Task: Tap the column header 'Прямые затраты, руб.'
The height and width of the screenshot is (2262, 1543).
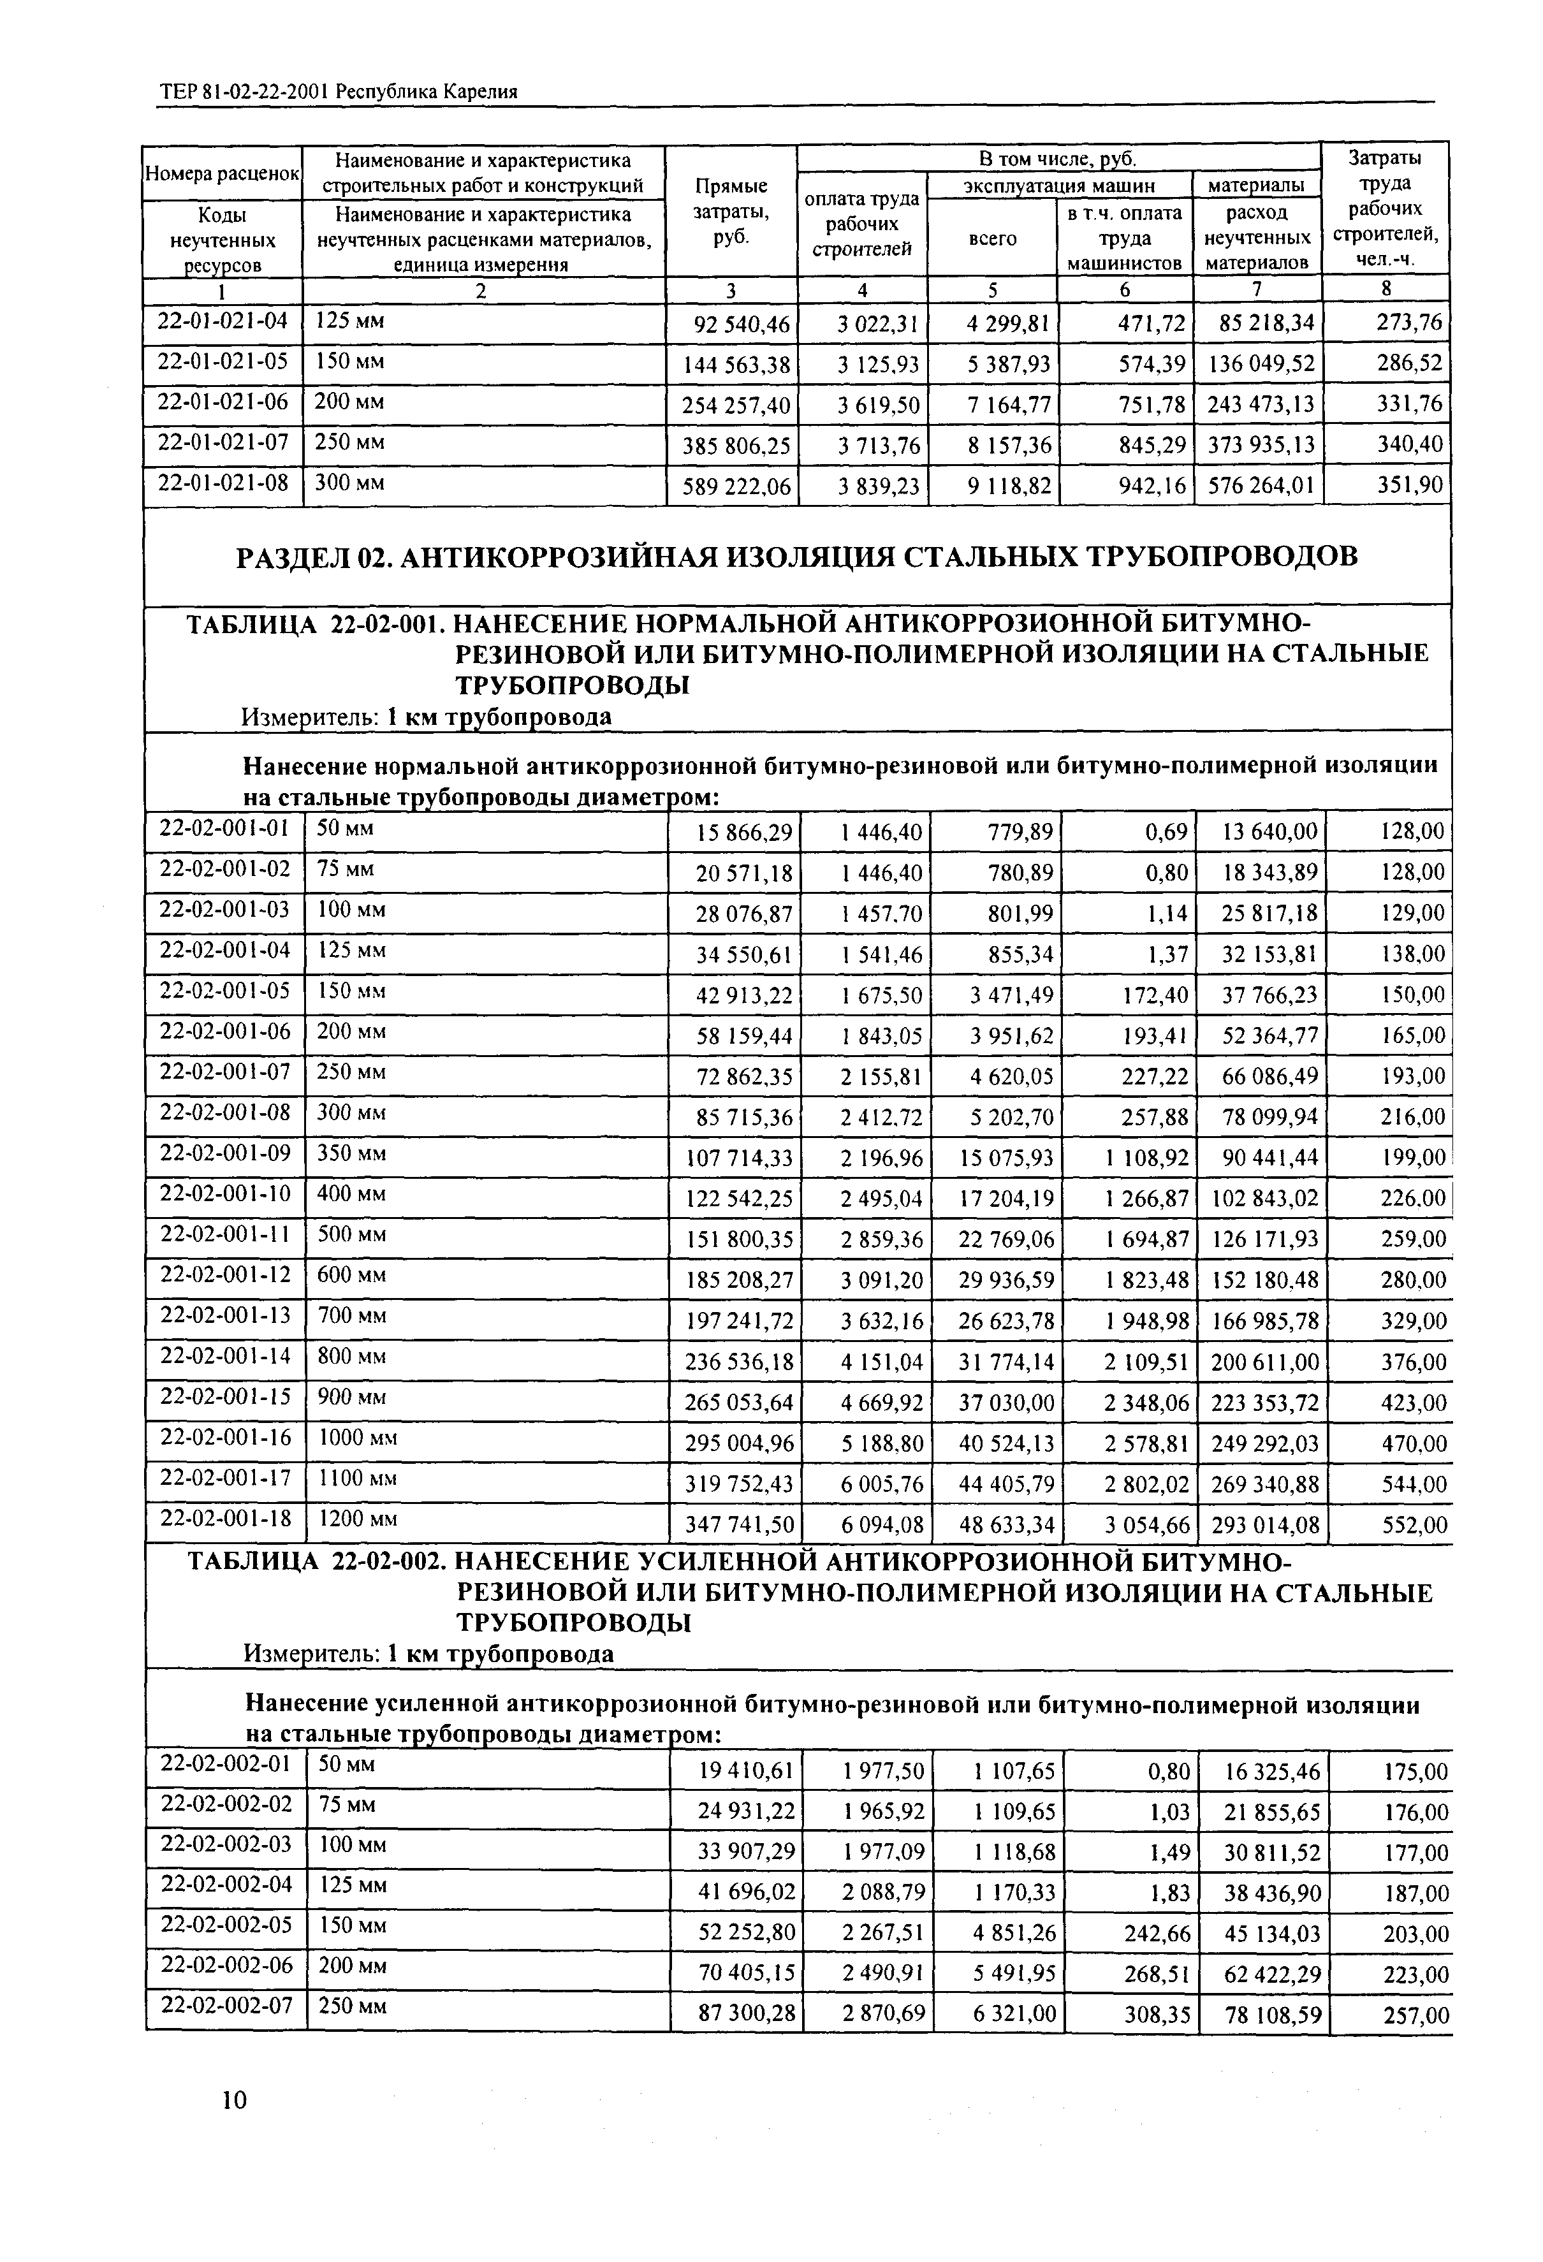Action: pyautogui.click(x=731, y=212)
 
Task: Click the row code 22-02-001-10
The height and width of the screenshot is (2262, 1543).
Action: pyautogui.click(x=225, y=1193)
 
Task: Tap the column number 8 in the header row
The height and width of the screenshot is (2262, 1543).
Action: pyautogui.click(x=1386, y=289)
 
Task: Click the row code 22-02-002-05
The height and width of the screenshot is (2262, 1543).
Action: pyautogui.click(x=226, y=1924)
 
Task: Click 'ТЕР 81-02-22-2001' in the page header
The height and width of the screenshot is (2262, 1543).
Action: pyautogui.click(x=244, y=92)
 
